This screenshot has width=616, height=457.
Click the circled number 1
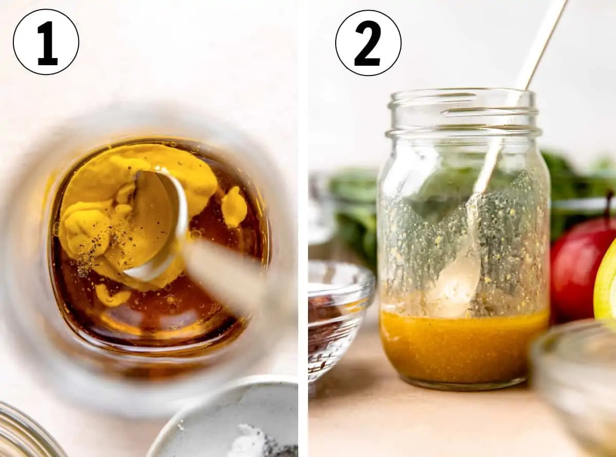click(x=46, y=42)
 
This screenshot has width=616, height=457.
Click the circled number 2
click(x=368, y=43)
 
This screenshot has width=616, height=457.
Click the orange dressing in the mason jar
click(x=465, y=347)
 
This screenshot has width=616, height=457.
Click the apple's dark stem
click(x=610, y=204)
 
